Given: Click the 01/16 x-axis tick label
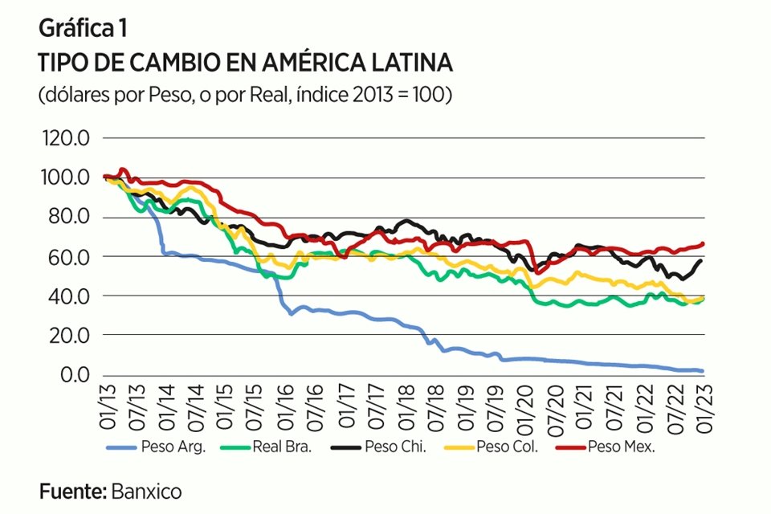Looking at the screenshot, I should click(x=288, y=406).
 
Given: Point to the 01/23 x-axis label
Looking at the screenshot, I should click(x=703, y=406).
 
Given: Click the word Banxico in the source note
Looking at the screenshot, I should click(x=146, y=492).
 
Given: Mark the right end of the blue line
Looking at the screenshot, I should click(x=703, y=371).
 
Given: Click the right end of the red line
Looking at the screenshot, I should click(x=703, y=243).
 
